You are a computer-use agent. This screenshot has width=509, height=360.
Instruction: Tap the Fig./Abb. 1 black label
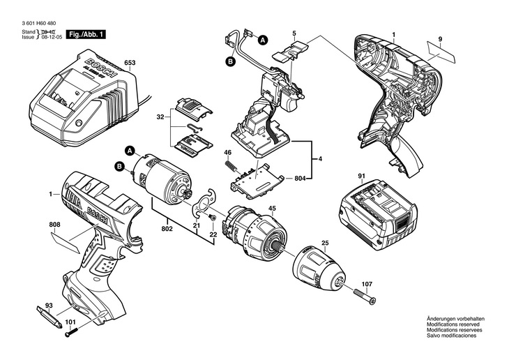86,34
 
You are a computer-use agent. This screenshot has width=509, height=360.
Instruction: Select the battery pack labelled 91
378,214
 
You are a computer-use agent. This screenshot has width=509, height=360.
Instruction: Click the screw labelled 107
364,296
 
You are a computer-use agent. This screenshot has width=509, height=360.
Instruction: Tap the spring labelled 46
230,165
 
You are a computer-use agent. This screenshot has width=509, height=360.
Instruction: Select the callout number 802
167,229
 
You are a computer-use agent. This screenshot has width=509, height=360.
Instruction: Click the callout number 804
301,179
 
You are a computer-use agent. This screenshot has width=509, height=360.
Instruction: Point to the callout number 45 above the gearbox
273,209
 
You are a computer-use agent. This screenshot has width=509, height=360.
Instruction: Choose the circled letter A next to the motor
130,151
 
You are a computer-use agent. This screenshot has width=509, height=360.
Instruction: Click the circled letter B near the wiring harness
230,62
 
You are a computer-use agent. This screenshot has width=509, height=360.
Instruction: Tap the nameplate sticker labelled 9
441,52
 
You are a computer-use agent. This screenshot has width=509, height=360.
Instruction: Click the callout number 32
160,117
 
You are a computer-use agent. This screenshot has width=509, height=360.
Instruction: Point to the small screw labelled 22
213,218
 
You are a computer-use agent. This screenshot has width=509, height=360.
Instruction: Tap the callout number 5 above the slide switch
294,33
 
